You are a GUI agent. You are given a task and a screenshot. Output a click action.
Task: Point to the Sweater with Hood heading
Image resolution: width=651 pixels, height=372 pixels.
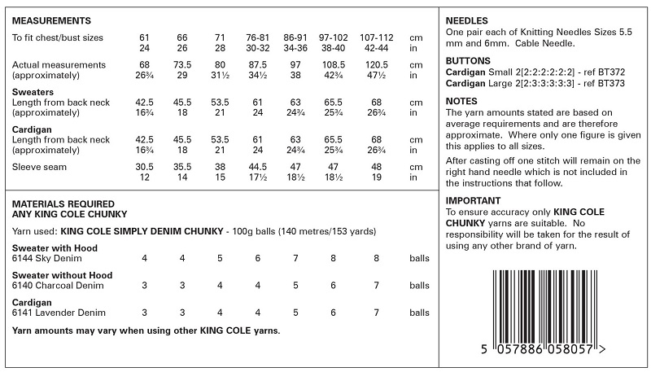click(x=54, y=247)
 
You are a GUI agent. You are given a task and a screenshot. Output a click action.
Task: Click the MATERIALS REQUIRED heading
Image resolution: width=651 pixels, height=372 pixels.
click(x=64, y=204)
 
